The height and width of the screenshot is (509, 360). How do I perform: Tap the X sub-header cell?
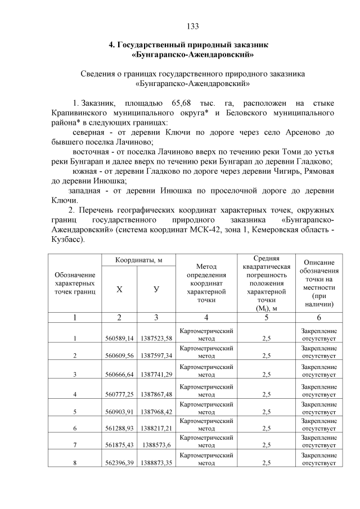pos(119,289)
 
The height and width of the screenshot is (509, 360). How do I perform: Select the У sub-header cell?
pos(156,289)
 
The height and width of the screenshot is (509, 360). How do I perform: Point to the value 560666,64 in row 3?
pos(119,374)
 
